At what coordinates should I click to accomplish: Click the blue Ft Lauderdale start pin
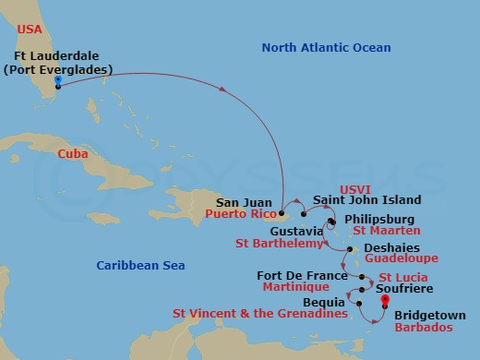click(57, 81)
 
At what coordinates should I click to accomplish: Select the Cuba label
click(72, 154)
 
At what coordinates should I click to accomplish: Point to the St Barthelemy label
click(280, 244)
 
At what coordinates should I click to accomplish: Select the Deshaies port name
click(390, 248)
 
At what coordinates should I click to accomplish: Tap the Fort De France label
click(297, 274)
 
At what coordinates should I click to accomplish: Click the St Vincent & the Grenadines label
click(259, 314)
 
